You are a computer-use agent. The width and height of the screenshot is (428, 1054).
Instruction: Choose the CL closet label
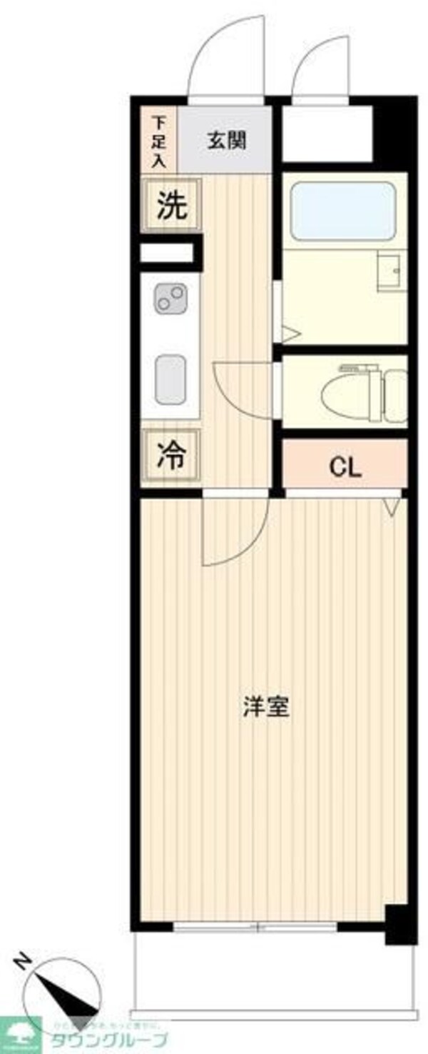pyautogui.click(x=345, y=468)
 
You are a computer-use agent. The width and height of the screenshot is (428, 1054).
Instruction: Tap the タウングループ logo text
pyautogui.click(x=108, y=1039)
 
